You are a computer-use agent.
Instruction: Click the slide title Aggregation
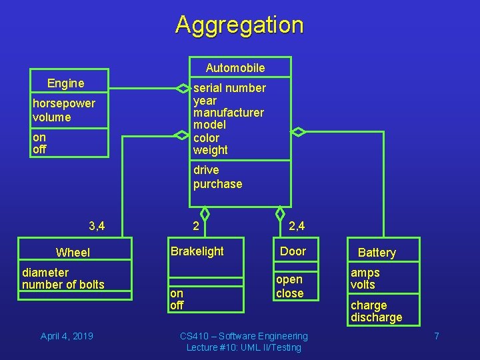pos(239,25)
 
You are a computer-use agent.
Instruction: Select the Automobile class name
pos(235,67)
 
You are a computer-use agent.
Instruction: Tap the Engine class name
pos(65,83)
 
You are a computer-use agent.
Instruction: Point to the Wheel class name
pos(73,252)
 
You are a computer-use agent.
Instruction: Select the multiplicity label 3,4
pos(97,226)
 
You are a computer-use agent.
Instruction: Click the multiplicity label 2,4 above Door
pos(297,226)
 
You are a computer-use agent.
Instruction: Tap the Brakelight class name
pos(197,251)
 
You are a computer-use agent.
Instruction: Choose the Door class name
pos(293,251)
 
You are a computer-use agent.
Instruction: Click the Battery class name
pos(377,252)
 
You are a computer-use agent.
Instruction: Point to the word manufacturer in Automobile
pos(228,113)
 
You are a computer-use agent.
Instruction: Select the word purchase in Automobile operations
pos(217,184)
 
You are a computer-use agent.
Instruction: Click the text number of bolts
pos(63,285)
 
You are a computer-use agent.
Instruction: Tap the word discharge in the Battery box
pos(376,317)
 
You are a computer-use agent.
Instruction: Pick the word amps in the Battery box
pos(365,273)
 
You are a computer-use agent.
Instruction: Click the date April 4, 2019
pos(67,336)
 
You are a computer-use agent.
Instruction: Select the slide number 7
pos(437,336)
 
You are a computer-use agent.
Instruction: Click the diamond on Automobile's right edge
pos(299,131)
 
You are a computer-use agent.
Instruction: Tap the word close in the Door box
pos(289,293)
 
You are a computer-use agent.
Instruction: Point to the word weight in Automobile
pos(210,150)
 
